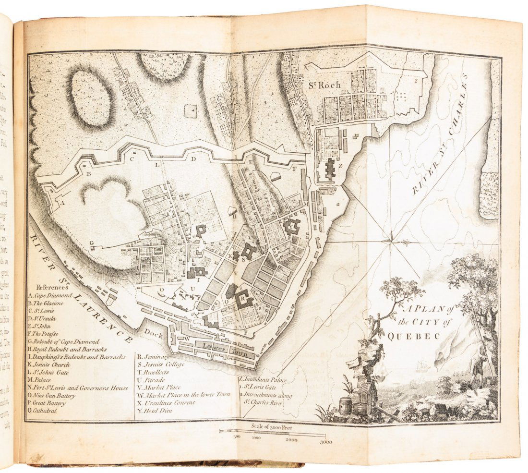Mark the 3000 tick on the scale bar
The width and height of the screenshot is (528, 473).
click(x=326, y=441)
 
